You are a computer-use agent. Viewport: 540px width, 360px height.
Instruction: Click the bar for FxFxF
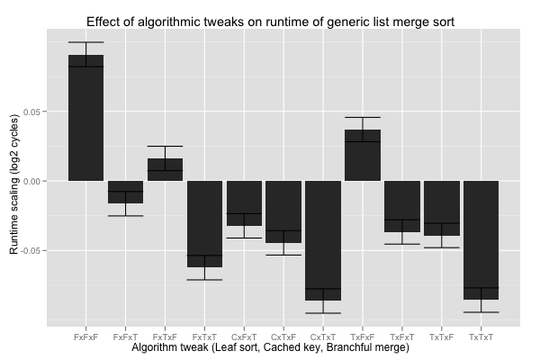pos(85,118)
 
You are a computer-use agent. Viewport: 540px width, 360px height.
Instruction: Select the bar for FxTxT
pos(204,224)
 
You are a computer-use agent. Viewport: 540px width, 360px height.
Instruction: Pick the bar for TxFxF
pos(363,155)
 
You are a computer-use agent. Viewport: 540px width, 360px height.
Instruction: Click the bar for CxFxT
pos(244,203)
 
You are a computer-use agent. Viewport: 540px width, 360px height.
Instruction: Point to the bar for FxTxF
pos(165,169)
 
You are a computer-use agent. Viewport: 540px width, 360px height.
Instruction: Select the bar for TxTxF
pos(442,208)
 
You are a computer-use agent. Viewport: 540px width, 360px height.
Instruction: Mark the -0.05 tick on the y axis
pos(29,250)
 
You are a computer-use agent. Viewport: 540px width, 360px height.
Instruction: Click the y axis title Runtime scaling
pos(14,184)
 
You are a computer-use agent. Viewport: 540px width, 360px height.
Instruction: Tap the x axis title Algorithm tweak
pos(270,347)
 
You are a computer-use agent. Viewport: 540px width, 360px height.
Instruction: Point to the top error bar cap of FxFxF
pos(85,42)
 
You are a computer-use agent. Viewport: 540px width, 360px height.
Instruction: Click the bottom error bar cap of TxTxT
pos(481,312)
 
